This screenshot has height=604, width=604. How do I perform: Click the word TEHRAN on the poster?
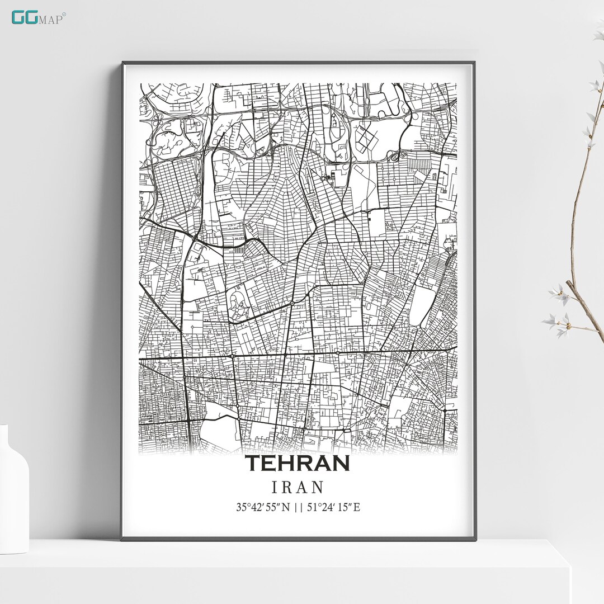[x=298, y=463]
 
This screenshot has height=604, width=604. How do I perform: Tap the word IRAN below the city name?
[x=298, y=487]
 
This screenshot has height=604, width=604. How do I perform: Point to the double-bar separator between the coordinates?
[x=298, y=508]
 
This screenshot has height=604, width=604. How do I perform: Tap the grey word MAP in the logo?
[x=50, y=18]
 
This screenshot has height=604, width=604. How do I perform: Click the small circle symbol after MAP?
[x=64, y=14]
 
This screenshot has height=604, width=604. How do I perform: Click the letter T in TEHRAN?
[x=253, y=463]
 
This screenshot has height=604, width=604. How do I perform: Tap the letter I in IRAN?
[x=274, y=487]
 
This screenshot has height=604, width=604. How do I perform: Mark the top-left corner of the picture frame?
[x=122, y=63]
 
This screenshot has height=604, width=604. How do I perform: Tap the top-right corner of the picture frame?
[x=475, y=63]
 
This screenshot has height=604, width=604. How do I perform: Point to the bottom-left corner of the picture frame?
[x=122, y=540]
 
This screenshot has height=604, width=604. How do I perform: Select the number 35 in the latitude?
[x=241, y=508]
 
